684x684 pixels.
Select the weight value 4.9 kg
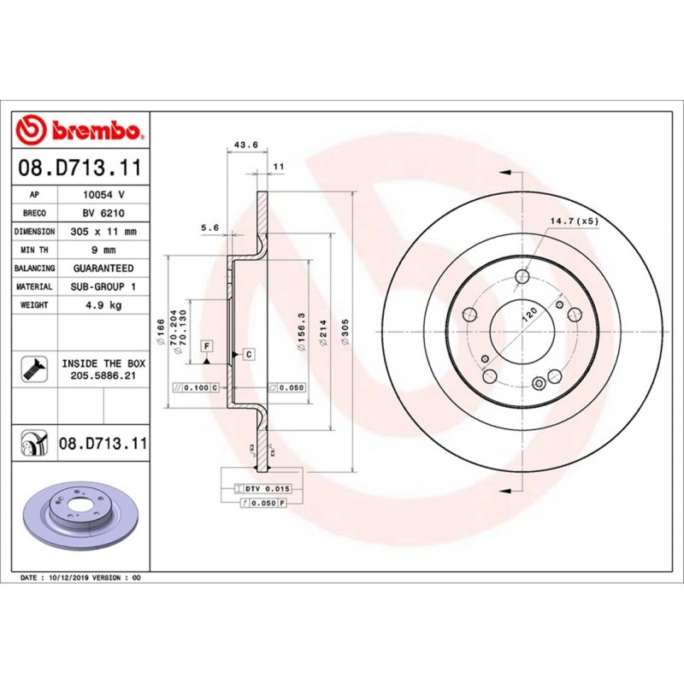[x=103, y=304]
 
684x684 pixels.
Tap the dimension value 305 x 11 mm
[x=103, y=232]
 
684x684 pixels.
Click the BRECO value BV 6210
[x=103, y=213]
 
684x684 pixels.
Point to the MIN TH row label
[x=36, y=250]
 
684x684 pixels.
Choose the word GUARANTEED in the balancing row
[x=103, y=268]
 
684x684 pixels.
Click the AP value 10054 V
[x=103, y=195]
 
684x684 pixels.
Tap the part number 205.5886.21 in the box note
[x=103, y=374]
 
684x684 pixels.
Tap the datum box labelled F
[x=206, y=345]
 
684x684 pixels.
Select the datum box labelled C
[x=248, y=353]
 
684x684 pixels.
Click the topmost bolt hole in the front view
[x=522, y=276]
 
